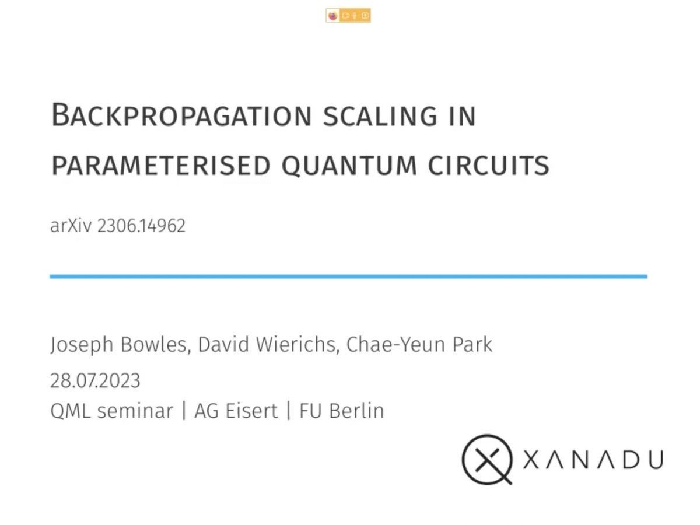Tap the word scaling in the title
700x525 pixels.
click(379, 116)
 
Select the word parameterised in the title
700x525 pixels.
click(161, 166)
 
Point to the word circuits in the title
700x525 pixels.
click(489, 166)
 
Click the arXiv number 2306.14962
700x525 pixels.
click(141, 226)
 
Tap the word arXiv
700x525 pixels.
click(71, 226)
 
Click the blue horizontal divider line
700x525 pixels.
click(348, 276)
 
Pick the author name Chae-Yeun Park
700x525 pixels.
click(419, 344)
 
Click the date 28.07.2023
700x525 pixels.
click(95, 381)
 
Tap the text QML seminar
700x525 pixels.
click(112, 411)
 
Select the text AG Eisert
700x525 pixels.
click(236, 411)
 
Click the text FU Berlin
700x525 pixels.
click(342, 411)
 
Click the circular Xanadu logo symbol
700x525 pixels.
click(487, 459)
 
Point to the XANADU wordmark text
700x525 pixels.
click(593, 460)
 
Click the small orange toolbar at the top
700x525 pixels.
click(348, 16)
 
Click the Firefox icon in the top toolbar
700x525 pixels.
click(333, 16)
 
